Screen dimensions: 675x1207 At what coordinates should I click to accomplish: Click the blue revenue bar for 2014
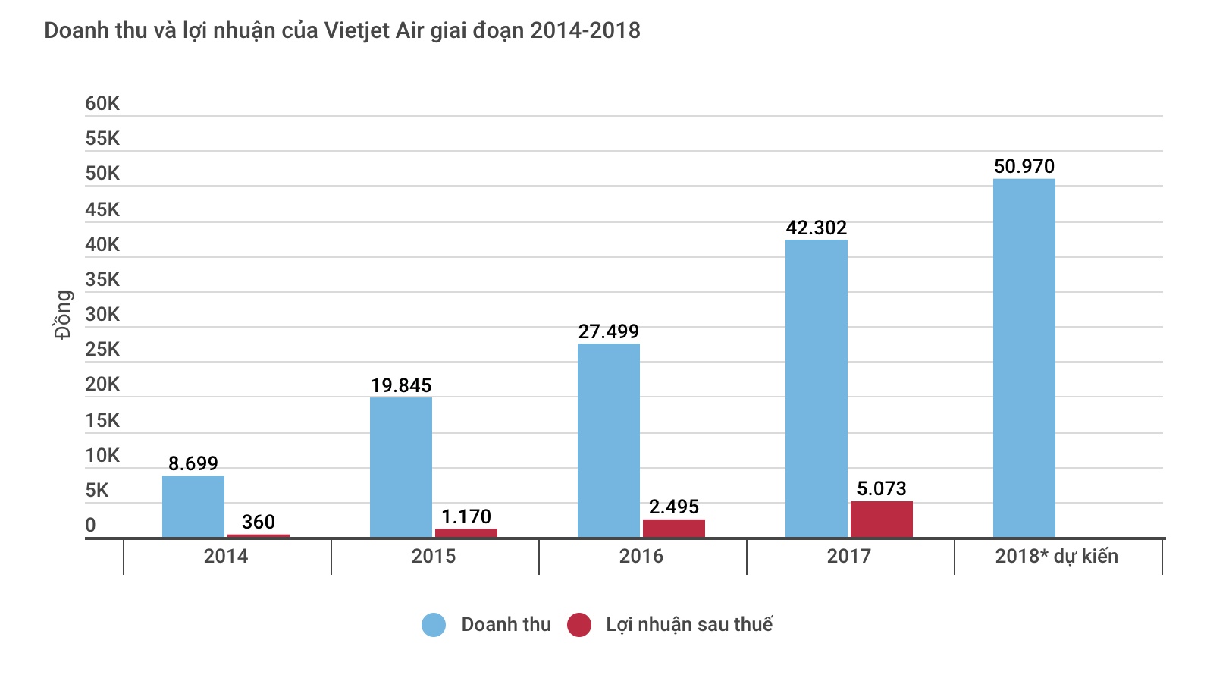[x=193, y=507]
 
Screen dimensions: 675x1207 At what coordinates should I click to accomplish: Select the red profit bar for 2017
[x=881, y=520]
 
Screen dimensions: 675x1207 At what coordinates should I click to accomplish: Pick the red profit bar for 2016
[x=673, y=529]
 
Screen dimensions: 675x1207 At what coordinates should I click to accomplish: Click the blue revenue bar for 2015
[x=401, y=467]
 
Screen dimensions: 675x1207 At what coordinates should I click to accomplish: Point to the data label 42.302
[x=816, y=228]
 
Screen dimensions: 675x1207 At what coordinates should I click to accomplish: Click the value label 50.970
[x=1024, y=166]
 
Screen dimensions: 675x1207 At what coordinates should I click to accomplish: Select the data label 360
[x=258, y=522]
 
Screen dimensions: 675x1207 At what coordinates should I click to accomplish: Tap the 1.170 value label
[x=466, y=516]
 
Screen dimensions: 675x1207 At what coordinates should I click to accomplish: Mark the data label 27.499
[x=608, y=331]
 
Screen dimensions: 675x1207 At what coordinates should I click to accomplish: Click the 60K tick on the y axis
[x=102, y=104]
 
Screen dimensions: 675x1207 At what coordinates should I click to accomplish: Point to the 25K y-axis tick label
[x=102, y=350]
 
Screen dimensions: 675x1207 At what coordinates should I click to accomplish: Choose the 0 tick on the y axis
[x=91, y=525]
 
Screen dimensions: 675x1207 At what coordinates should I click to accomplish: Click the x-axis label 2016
[x=641, y=556]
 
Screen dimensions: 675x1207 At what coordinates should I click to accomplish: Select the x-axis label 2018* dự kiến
[x=1056, y=556]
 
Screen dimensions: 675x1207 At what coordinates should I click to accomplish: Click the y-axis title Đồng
[x=63, y=315]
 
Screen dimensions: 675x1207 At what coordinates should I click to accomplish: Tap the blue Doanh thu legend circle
[x=434, y=625]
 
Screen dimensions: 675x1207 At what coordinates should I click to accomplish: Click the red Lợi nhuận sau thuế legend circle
[x=579, y=625]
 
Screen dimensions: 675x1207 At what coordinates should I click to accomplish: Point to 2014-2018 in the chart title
[x=585, y=30]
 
